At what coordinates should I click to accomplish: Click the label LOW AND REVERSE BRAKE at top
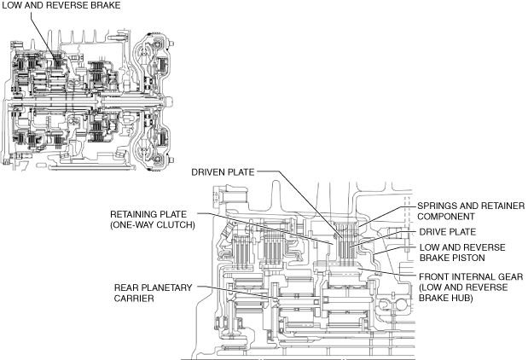pyautogui.click(x=60, y=6)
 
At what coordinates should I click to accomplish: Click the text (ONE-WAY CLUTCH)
pyautogui.click(x=154, y=225)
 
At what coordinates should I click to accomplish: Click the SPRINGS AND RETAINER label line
pyautogui.click(x=470, y=206)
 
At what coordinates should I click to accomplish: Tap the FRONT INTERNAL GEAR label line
pyautogui.click(x=469, y=276)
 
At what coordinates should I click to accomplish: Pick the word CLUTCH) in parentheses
pyautogui.click(x=175, y=225)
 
